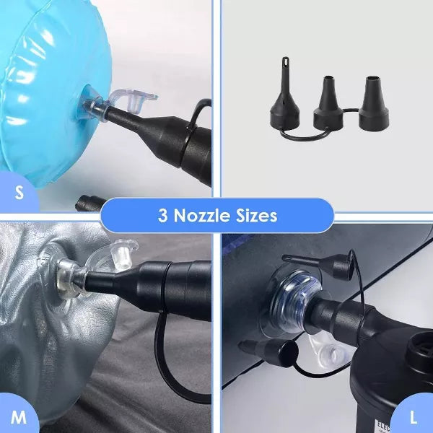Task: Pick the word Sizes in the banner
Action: point(255,215)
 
